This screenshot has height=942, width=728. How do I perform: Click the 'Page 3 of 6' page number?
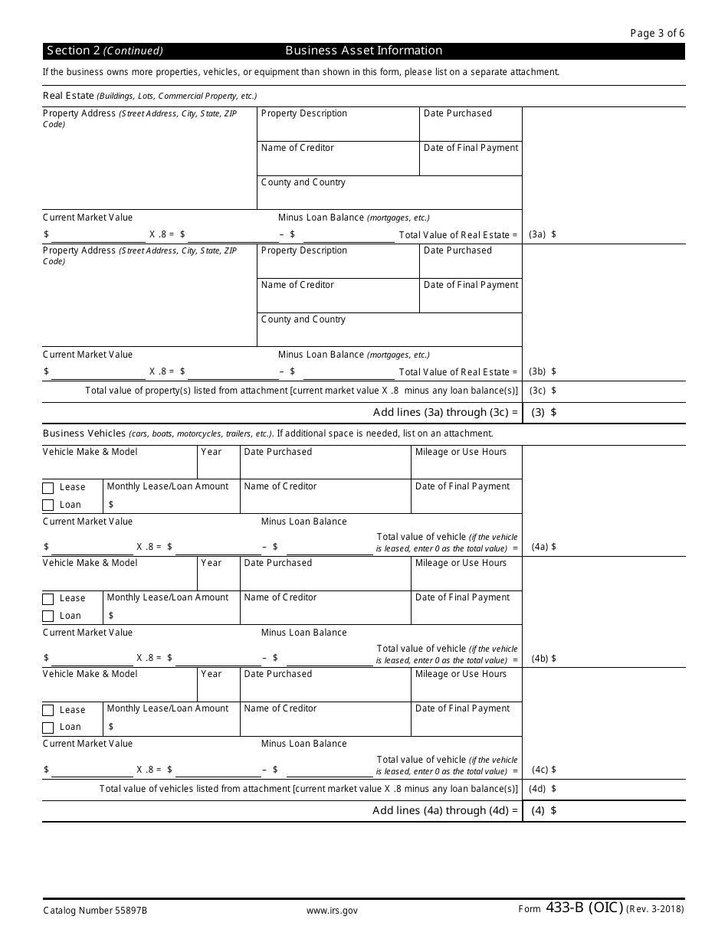tap(657, 33)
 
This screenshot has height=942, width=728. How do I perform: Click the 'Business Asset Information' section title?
tap(364, 51)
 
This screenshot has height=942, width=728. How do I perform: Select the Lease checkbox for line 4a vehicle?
tap(48, 488)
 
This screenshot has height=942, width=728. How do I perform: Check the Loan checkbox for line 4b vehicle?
tap(48, 617)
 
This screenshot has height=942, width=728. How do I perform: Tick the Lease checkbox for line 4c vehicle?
tap(48, 711)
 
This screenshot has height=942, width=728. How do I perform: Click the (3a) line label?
tap(537, 235)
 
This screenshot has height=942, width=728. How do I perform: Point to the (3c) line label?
tap(537, 391)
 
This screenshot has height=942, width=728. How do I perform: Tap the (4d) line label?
tap(537, 789)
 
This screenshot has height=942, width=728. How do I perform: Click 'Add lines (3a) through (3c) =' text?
tap(445, 412)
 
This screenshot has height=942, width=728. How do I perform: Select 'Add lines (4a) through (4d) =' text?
tap(445, 810)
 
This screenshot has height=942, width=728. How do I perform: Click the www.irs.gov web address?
tap(332, 911)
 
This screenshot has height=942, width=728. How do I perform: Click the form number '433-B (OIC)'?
tap(585, 908)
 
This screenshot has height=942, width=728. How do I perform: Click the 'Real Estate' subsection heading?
tap(68, 96)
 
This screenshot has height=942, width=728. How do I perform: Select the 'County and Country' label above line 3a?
tap(303, 182)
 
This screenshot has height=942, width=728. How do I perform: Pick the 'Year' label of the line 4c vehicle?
tap(211, 674)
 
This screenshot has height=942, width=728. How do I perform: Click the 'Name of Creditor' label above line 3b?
tap(297, 285)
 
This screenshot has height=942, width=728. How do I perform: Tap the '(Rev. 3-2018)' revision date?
tap(655, 910)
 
